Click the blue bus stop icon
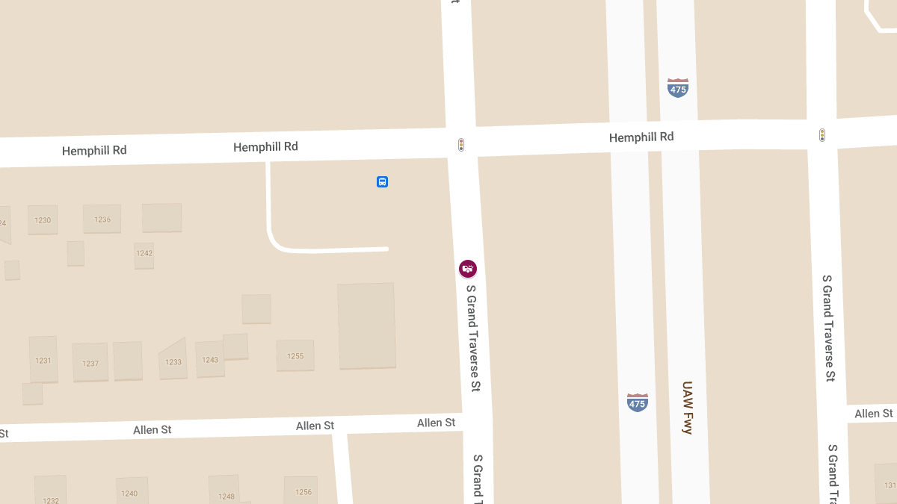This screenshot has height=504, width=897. tap(382, 181)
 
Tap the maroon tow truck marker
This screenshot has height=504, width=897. tap(468, 269)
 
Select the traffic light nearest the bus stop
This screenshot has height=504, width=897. tap(461, 144)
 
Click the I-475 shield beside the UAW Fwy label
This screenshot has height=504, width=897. tap(637, 402)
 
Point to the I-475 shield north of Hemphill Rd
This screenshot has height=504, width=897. tap(678, 87)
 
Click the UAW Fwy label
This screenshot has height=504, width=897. tap(688, 408)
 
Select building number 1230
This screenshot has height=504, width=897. tap(43, 220)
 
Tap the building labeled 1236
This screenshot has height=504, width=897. tap(102, 219)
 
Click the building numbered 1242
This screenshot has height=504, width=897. tap(144, 254)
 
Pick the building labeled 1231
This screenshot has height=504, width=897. tap(43, 360)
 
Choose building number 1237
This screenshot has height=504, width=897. tap(90, 363)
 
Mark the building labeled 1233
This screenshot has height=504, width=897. tap(173, 361)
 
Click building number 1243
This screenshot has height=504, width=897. tap(210, 360)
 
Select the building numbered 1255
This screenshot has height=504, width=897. tap(295, 355)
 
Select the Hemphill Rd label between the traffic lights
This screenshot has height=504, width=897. tap(641, 137)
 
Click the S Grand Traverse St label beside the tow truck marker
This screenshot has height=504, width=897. tap(472, 338)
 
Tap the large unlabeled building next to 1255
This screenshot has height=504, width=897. tap(366, 325)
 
